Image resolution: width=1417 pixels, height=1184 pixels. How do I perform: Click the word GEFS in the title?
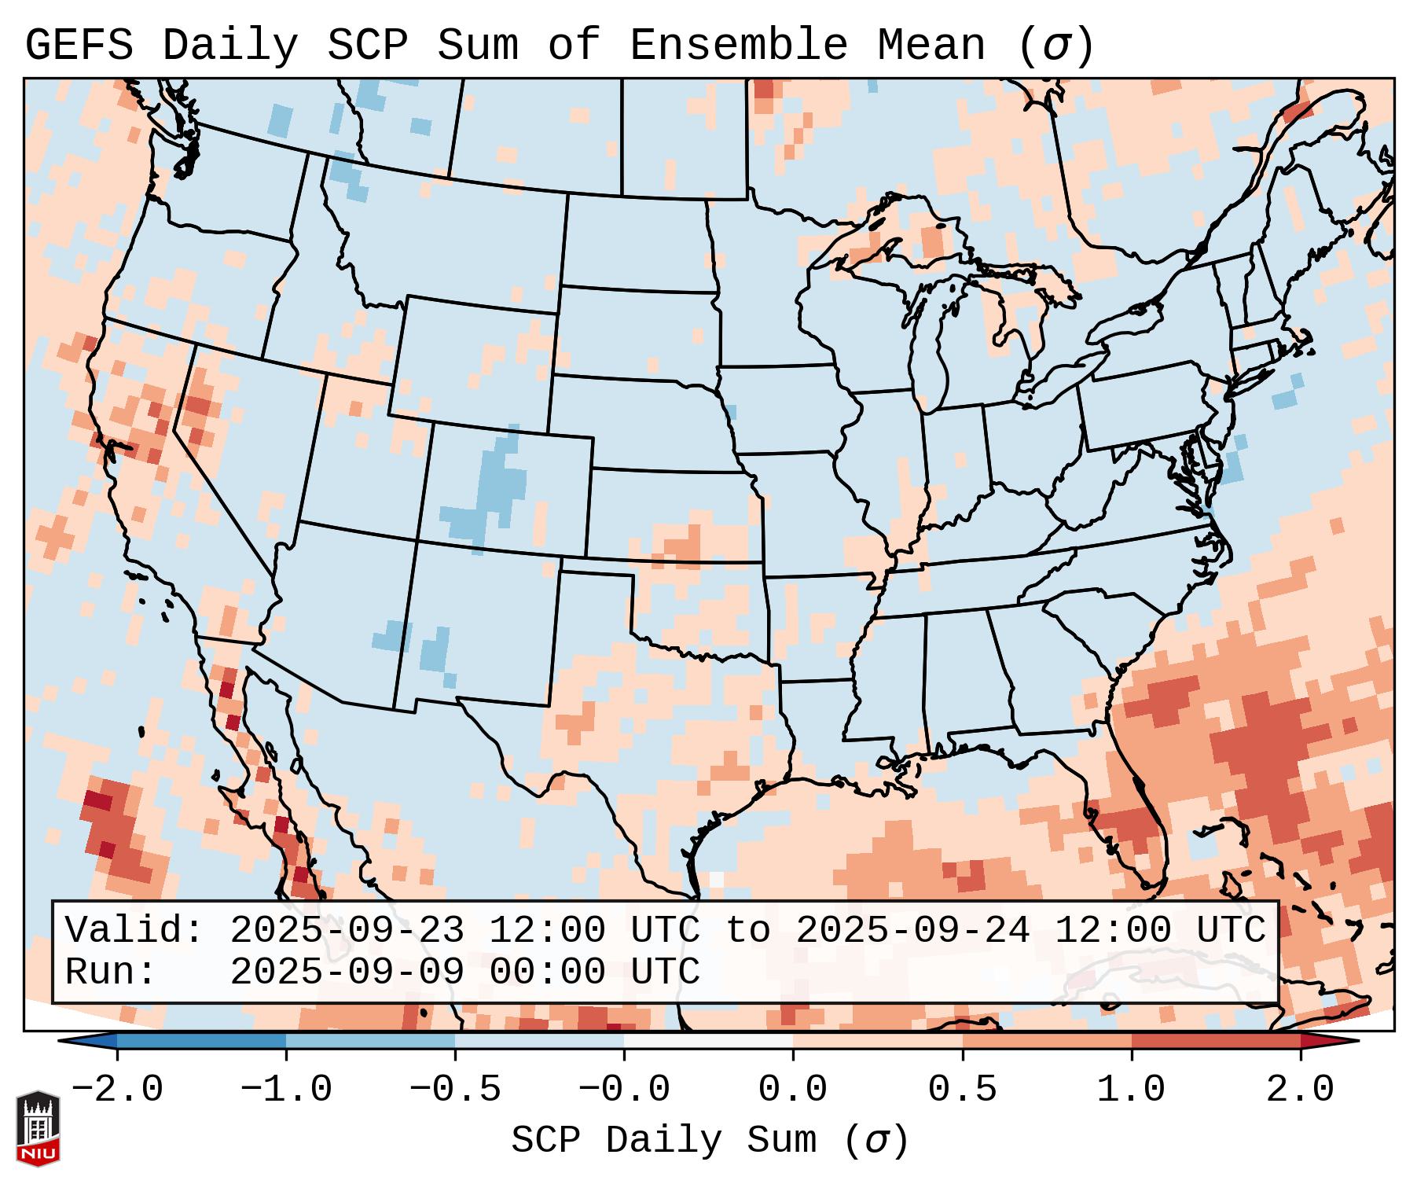coord(79,46)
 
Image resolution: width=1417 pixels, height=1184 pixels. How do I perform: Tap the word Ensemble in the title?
coord(738,46)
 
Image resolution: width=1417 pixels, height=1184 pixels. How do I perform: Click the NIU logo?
coord(38,1128)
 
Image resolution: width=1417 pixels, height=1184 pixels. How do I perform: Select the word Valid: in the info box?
coord(134,931)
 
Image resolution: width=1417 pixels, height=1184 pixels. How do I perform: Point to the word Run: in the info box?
coord(111,973)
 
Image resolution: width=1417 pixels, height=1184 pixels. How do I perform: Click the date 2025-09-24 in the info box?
coord(912,931)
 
